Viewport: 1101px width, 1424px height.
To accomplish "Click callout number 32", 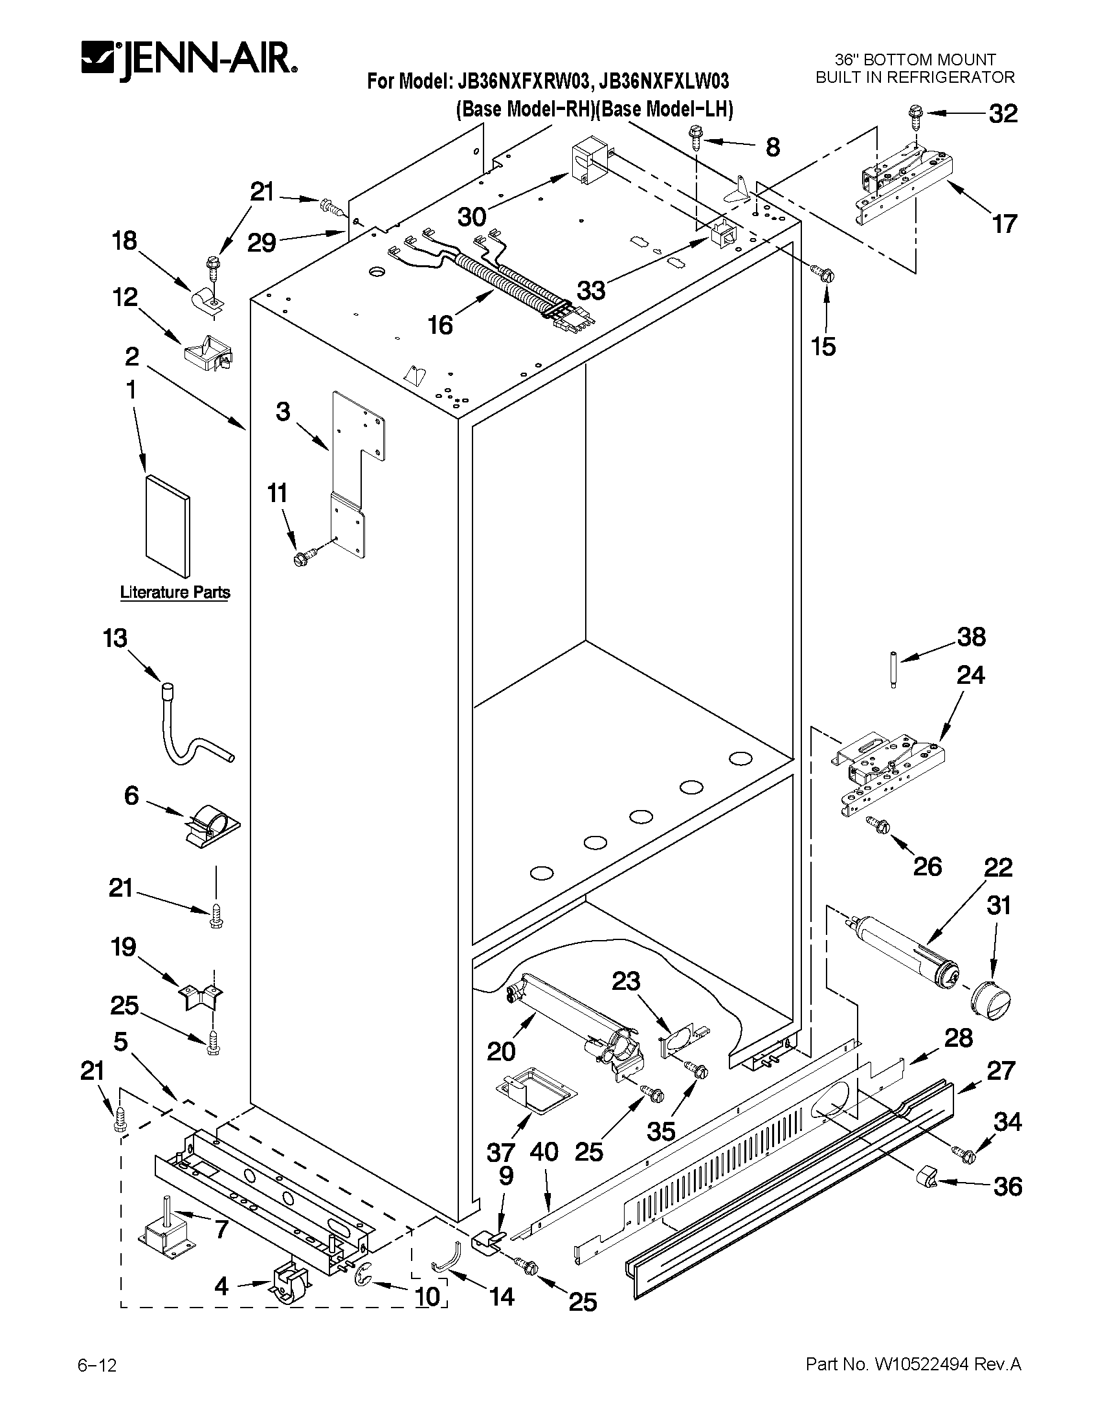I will point(1003,114).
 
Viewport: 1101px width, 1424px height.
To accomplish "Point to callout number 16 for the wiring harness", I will point(441,324).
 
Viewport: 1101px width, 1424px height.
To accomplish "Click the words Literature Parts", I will point(175,592).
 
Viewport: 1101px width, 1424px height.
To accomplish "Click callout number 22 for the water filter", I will point(998,868).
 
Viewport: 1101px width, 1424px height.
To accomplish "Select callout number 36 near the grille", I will point(1007,1186).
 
